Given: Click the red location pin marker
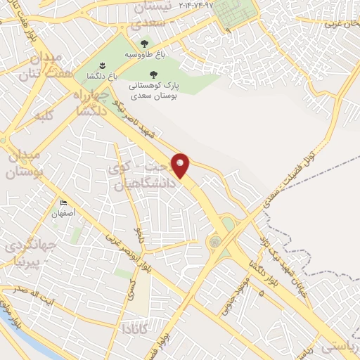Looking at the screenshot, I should pos(181,165).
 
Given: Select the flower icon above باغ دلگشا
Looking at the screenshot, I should pos(103,64).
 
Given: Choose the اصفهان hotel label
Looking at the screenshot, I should pos(63,213).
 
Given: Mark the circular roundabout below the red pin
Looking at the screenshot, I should pos(214,242).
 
